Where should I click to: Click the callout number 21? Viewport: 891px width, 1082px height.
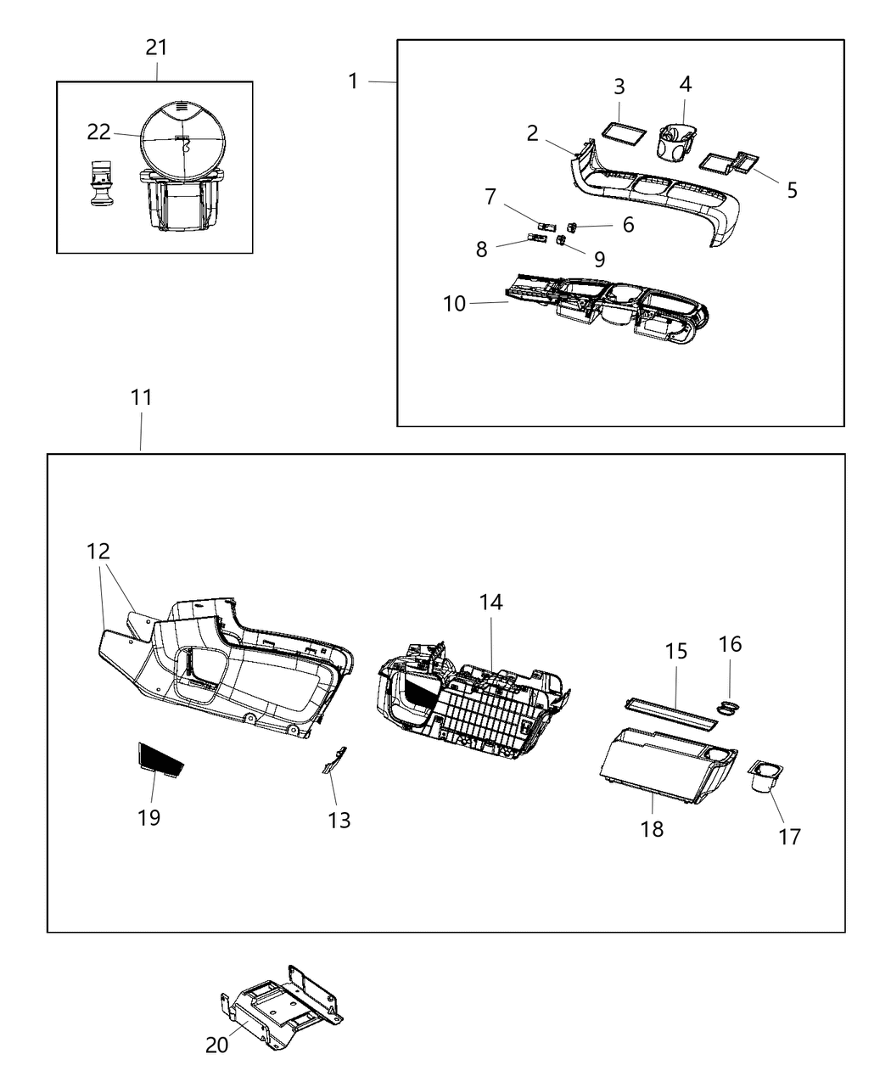click(x=156, y=48)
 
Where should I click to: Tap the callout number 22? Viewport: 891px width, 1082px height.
click(x=99, y=132)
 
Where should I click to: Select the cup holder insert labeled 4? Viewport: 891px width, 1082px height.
click(x=677, y=142)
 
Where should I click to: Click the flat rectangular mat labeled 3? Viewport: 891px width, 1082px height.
click(x=627, y=135)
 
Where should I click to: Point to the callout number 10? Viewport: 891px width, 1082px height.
click(x=455, y=303)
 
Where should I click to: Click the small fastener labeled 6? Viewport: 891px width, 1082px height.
click(x=574, y=227)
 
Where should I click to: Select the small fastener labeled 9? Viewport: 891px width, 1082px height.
click(x=562, y=241)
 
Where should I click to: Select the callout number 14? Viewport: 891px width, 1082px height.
click(x=490, y=603)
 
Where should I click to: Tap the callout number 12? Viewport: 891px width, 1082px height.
click(x=98, y=552)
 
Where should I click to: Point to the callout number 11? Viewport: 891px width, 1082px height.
click(x=142, y=396)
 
